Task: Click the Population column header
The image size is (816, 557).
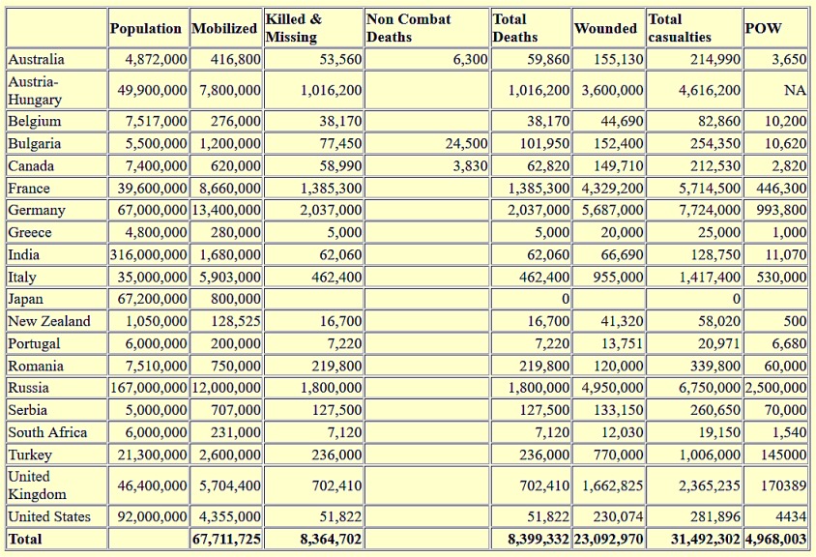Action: [x=146, y=28]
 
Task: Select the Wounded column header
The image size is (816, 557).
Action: [x=606, y=28]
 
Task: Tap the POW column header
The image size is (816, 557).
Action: [x=764, y=28]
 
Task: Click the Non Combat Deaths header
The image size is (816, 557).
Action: [x=409, y=28]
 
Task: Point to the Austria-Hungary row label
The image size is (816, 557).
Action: [x=35, y=90]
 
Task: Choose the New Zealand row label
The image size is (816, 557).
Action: [x=49, y=321]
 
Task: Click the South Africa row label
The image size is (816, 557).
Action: [x=47, y=432]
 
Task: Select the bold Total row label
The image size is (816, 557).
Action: [x=25, y=539]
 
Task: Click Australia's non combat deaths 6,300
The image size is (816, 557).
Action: [x=471, y=59]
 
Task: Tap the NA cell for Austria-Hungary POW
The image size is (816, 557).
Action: [x=795, y=90]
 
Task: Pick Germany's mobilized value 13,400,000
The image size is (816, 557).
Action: [x=226, y=210]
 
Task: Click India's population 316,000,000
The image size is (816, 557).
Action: [x=148, y=254]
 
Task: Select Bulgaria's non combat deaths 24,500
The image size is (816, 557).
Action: [x=467, y=143]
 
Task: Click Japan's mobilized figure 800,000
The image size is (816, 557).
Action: [x=236, y=299]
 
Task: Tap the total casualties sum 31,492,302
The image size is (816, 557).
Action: [x=705, y=539]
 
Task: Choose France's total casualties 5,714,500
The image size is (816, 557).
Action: [x=710, y=188]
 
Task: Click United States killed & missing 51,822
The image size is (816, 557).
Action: [x=340, y=516]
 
